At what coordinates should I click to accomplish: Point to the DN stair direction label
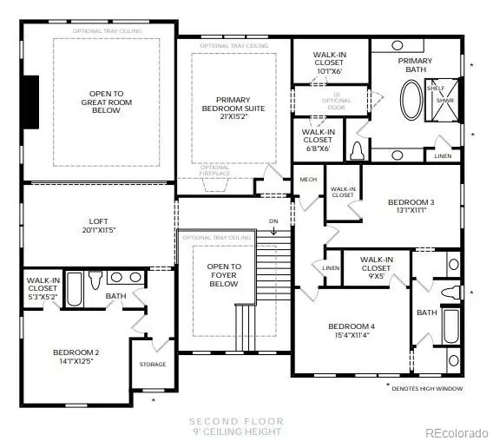point(274,220)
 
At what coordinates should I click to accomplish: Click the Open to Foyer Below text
point(223,274)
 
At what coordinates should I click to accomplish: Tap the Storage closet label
point(152,364)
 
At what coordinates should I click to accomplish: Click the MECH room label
point(307,180)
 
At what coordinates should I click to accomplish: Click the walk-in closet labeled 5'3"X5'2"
point(43,288)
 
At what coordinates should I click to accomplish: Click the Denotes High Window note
point(424,388)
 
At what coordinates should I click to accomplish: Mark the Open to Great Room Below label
point(107,102)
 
